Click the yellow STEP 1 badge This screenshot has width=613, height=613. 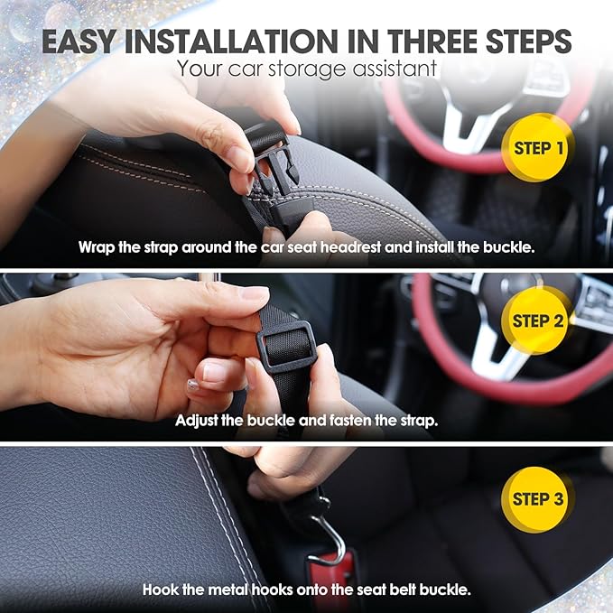[x=537, y=147]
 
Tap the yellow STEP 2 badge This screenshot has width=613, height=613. [x=537, y=320]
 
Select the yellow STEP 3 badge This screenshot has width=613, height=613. [x=537, y=499]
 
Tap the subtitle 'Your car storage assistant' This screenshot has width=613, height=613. [x=307, y=68]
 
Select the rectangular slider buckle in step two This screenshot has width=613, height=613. [x=286, y=348]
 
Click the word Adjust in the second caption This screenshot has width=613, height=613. [x=197, y=421]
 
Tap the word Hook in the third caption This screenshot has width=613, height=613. [x=159, y=590]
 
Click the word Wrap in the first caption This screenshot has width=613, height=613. [x=96, y=246]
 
